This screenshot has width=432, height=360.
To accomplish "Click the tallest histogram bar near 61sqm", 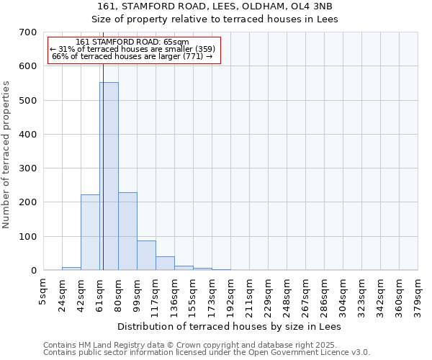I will coord(109,176).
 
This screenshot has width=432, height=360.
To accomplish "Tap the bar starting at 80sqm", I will coord(127,230).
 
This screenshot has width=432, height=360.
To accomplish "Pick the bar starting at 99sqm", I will coord(146,256).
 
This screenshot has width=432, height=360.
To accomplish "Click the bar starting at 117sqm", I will coord(165,264).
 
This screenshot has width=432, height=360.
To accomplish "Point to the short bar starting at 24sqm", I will coord(71,269).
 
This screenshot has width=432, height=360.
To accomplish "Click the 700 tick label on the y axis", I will coord(28,32).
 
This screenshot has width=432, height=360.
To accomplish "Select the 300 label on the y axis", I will coord(28,168).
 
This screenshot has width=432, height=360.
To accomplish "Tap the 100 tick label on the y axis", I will coord(28,237).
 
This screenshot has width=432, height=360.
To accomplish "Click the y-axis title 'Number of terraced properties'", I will coord(6,155).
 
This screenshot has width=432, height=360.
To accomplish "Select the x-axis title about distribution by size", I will coord(229,326).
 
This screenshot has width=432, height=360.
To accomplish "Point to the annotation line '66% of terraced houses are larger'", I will coord(132,57).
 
